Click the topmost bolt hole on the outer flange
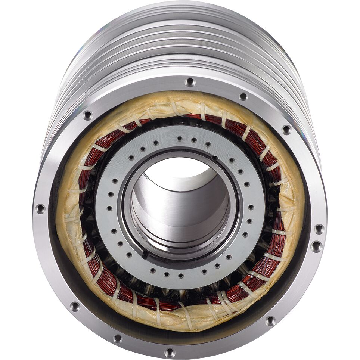(x=190, y=81)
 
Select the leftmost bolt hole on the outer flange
(x=40, y=209)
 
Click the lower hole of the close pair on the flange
(x=316, y=246)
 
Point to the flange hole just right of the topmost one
(x=243, y=96)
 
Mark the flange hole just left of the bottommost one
(x=118, y=339)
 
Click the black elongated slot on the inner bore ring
(x=145, y=255)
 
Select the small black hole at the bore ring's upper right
(x=214, y=158)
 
